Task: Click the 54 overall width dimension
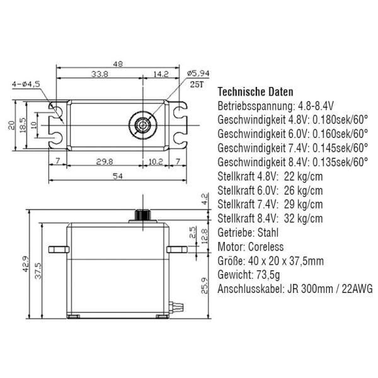click(x=118, y=176)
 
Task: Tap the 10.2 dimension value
click(x=156, y=162)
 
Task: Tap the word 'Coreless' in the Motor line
click(x=266, y=247)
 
